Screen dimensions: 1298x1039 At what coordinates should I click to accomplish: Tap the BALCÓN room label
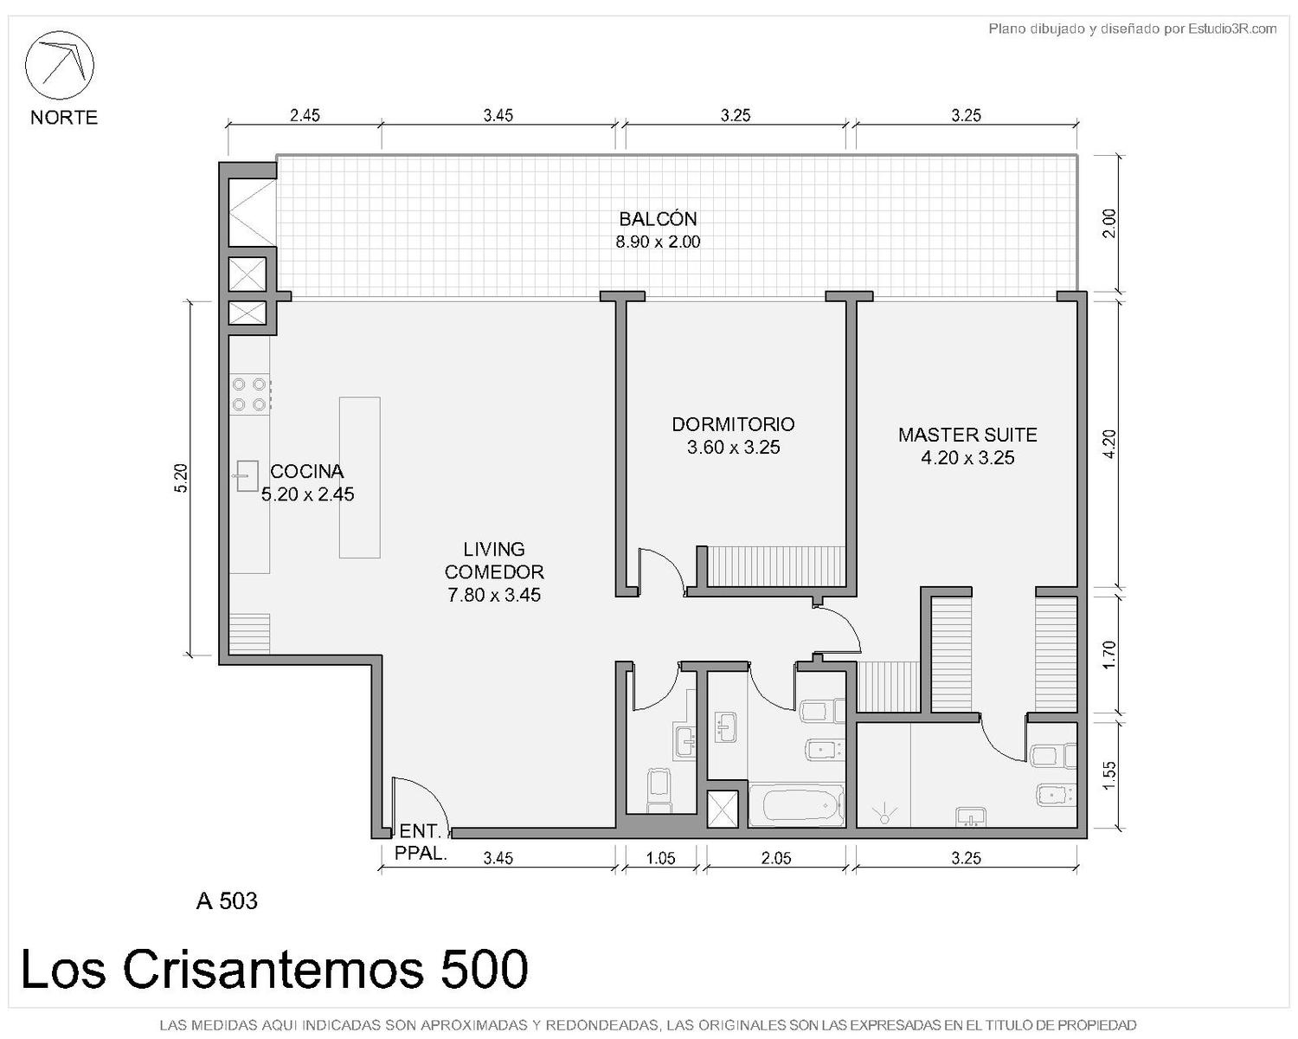(x=658, y=218)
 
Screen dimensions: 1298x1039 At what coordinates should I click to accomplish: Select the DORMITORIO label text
(x=734, y=424)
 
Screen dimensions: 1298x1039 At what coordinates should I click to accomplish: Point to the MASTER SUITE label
(x=967, y=435)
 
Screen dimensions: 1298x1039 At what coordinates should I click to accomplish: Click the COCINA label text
(x=307, y=471)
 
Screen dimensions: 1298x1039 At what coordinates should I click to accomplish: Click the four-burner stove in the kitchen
(x=250, y=394)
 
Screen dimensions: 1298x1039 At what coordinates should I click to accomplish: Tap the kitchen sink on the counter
(x=246, y=476)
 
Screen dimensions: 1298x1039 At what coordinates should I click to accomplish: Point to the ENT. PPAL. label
(x=421, y=842)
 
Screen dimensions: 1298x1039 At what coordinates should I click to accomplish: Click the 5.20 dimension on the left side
(x=181, y=478)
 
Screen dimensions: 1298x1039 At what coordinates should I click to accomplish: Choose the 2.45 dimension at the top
(x=305, y=115)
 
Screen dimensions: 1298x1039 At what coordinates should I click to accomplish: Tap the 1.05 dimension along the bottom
(x=660, y=858)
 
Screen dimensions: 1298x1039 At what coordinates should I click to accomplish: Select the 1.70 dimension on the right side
(x=1108, y=655)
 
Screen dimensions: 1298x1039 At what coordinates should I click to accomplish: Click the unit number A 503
(x=227, y=901)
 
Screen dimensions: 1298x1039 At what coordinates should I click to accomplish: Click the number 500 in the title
(x=485, y=970)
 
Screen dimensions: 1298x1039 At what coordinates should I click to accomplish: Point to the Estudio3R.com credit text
(x=1232, y=29)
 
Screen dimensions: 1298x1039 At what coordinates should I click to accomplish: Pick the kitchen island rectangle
(x=359, y=478)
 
